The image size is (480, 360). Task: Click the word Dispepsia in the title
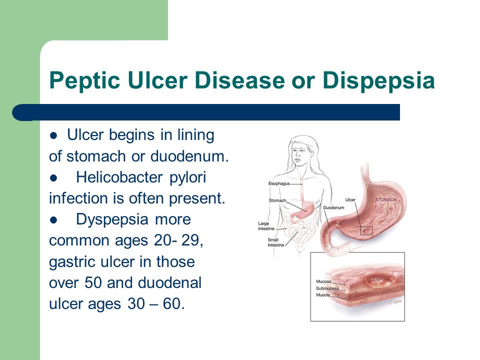tap(378, 81)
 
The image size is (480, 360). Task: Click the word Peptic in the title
tap(84, 81)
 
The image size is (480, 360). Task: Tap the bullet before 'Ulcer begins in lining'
tap(53, 135)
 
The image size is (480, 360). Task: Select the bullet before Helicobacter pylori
tap(53, 178)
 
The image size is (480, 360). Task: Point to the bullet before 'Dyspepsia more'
tap(53, 220)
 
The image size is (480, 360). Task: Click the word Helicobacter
tap(119, 177)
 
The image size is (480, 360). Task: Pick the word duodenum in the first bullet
tap(189, 156)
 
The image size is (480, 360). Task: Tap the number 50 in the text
tap(93, 282)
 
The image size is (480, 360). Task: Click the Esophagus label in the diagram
tap(279, 183)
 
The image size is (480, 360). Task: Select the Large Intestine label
tap(266, 226)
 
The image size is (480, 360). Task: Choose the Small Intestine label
tap(276, 242)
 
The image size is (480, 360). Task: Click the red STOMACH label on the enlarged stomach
tap(385, 200)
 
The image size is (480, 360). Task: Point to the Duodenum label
tap(333, 207)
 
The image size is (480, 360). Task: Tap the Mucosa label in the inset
tap(323, 281)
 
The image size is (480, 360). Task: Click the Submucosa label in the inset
tap(327, 288)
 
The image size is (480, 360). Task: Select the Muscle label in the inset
tap(323, 295)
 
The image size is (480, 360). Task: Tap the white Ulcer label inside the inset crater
tap(378, 280)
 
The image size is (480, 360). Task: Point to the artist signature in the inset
tap(395, 302)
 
